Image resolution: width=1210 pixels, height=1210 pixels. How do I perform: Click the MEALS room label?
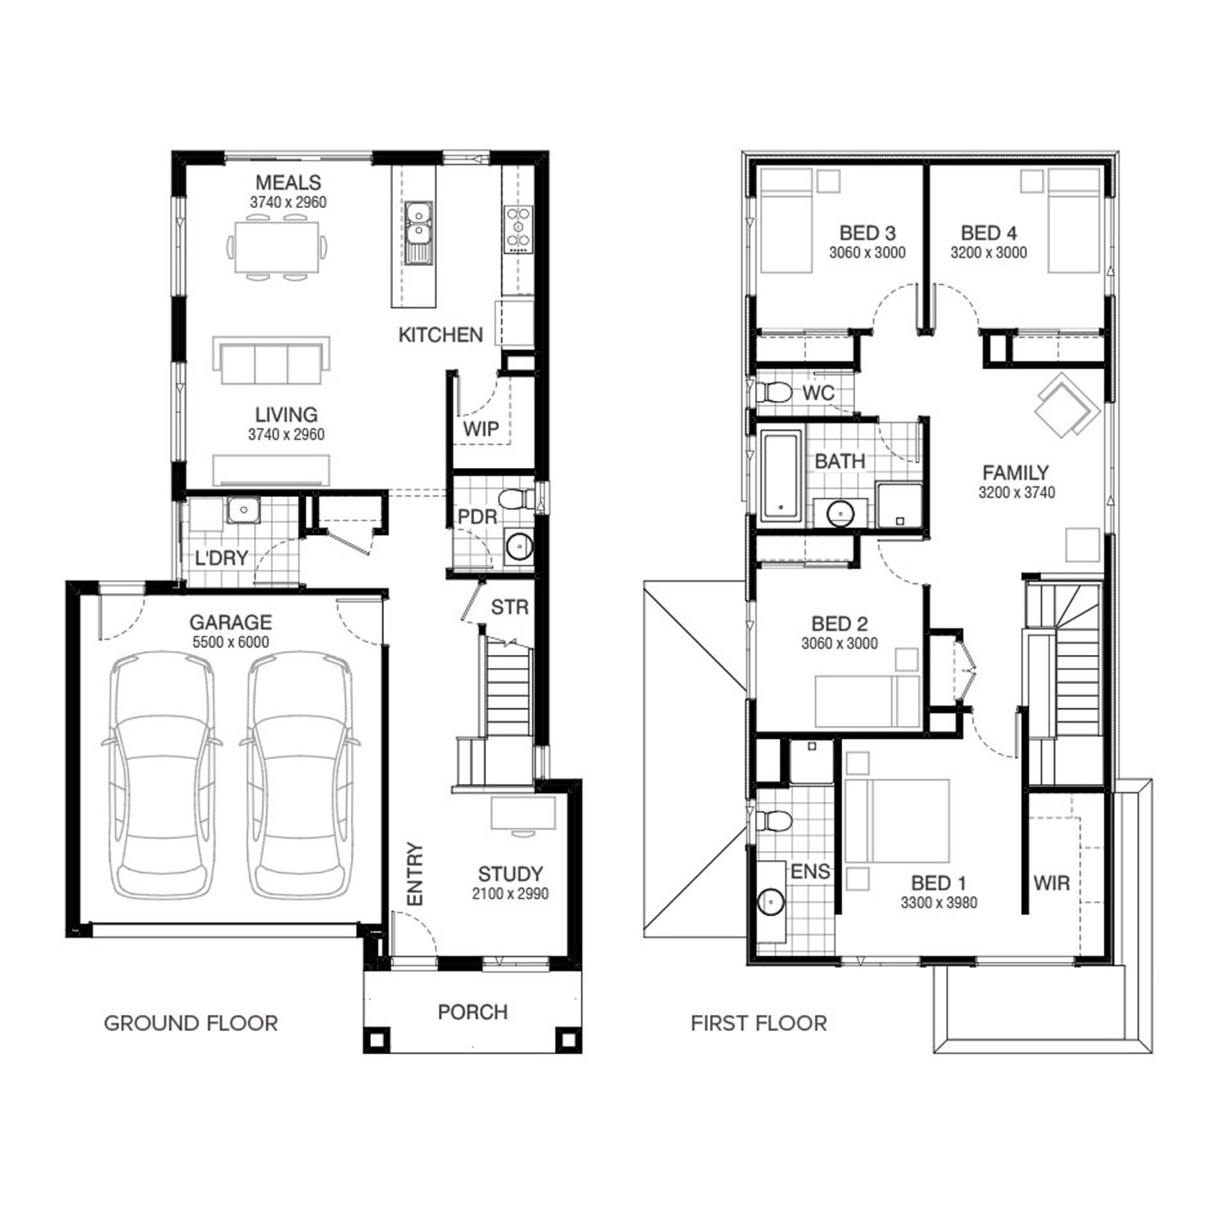coord(288,182)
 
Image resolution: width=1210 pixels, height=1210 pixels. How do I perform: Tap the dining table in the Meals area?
coord(277,248)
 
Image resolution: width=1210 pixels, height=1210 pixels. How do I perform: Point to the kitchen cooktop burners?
coord(519,230)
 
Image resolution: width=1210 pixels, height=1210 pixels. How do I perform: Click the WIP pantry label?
coord(481,428)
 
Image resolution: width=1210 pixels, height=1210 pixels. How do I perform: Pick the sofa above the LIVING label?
coord(271,361)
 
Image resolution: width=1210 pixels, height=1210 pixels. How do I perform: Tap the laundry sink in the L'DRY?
coord(242,511)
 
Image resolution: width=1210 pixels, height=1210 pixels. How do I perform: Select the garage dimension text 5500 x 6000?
coord(231,642)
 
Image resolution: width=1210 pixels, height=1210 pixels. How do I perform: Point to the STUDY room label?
coord(510,874)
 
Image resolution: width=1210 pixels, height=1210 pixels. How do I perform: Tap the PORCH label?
coord(473,1012)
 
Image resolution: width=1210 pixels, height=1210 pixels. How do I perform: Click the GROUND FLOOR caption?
coord(191,1023)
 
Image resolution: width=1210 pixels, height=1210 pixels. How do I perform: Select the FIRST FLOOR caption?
coord(759,1023)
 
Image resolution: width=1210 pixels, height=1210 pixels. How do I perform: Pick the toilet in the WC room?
coord(774,393)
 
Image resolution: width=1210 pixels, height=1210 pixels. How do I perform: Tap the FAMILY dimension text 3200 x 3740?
coord(1016,492)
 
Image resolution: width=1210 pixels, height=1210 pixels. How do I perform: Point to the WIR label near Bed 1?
coord(1052,882)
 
